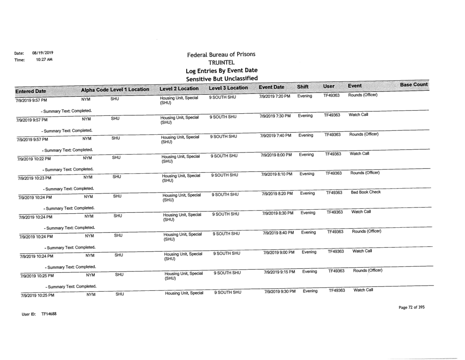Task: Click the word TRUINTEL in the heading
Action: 222,62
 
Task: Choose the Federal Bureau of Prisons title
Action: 222,55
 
